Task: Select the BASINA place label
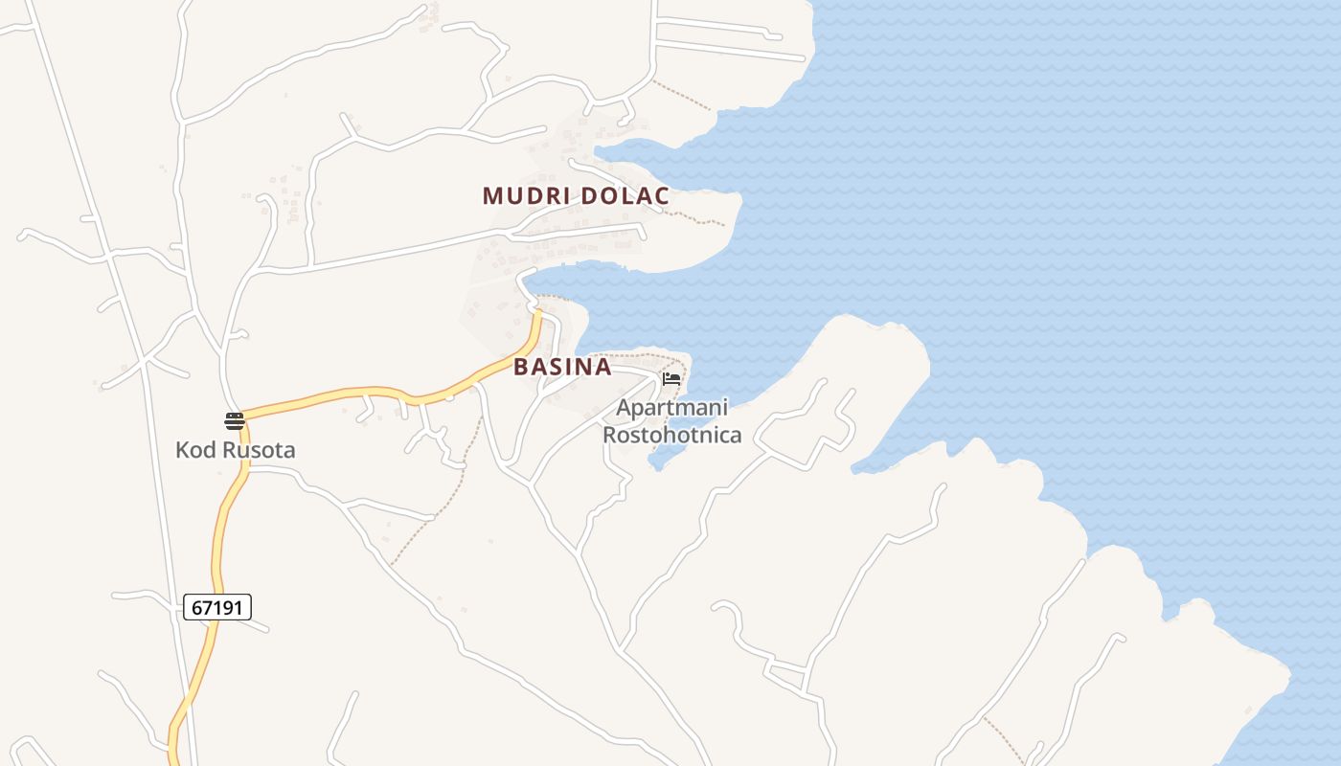(562, 367)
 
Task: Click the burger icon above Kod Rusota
(235, 420)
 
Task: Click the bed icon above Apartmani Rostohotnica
(671, 379)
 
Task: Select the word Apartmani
(671, 408)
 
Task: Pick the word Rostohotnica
(671, 436)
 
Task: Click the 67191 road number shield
(216, 607)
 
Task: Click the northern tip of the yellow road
(537, 312)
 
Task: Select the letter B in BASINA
(521, 367)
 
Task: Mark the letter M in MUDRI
(492, 196)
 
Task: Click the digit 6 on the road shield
(196, 607)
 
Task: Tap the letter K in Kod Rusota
(182, 449)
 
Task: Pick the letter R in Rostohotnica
(609, 436)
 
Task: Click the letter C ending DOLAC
(660, 196)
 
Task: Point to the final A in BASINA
(602, 367)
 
